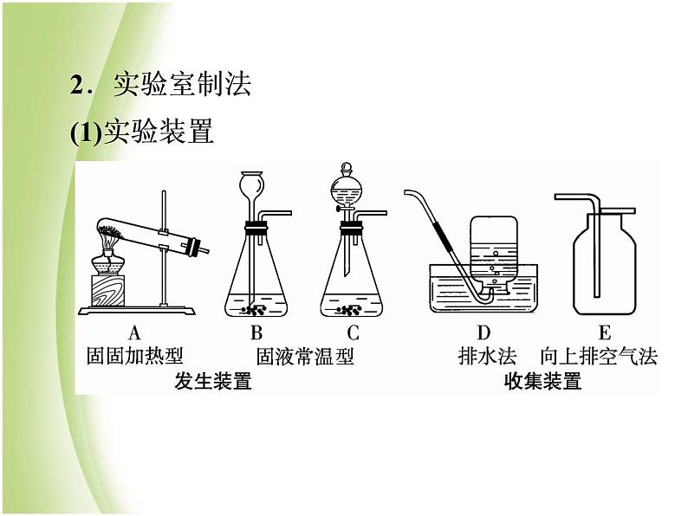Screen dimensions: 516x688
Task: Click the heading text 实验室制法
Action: (x=182, y=85)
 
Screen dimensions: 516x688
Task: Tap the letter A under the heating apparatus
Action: (x=134, y=332)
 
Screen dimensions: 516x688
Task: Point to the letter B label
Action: (x=256, y=332)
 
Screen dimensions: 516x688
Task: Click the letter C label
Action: (x=353, y=332)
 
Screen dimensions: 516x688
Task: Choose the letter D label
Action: (x=484, y=332)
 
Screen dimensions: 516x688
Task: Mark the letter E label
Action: (x=604, y=332)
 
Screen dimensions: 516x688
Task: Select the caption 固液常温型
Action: (x=305, y=356)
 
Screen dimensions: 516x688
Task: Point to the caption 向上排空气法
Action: (x=599, y=356)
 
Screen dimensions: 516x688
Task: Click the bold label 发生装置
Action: (x=212, y=381)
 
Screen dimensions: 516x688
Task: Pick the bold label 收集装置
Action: (x=542, y=381)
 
